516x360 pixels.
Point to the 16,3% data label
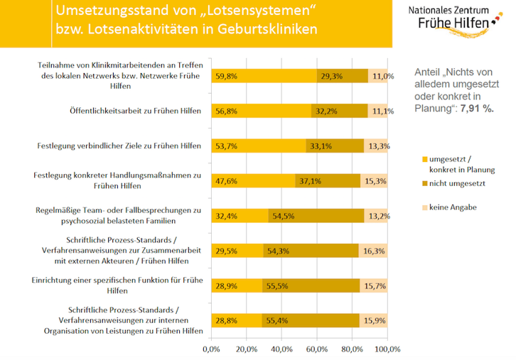(x=374, y=251)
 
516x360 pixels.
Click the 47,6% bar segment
(x=252, y=180)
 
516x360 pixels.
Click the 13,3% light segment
(x=375, y=146)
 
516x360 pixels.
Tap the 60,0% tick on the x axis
(x=316, y=349)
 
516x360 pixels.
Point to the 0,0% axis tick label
(x=211, y=349)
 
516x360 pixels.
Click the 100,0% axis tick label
(x=387, y=349)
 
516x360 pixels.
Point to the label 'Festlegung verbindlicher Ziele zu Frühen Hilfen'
(x=118, y=146)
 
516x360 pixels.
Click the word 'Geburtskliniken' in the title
(x=267, y=29)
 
